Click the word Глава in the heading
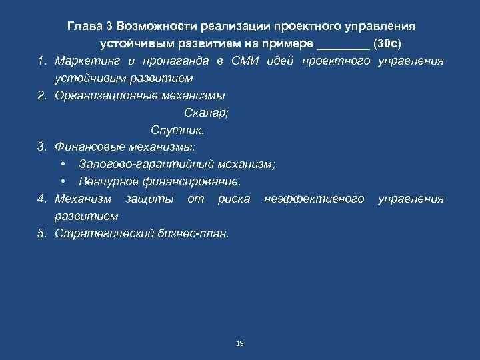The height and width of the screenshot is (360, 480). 84,26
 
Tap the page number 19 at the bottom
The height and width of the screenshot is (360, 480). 240,343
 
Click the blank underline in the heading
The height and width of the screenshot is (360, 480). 343,44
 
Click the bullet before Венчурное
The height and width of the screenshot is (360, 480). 62,181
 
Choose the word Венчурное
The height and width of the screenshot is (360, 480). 107,181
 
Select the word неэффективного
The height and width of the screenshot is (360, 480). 314,199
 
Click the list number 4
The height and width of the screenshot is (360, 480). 41,199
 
